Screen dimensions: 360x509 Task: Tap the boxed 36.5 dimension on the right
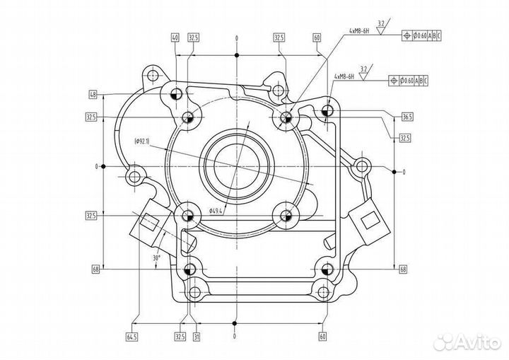tap(406, 117)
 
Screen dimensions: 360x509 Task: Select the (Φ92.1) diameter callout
tap(141, 141)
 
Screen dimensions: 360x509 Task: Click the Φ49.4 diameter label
tap(216, 210)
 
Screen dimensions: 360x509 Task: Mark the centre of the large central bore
tap(238, 166)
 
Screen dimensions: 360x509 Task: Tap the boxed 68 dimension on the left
tap(95, 269)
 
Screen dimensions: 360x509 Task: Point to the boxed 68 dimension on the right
tap(403, 269)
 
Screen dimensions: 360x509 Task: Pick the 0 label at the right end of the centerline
tap(404, 172)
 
